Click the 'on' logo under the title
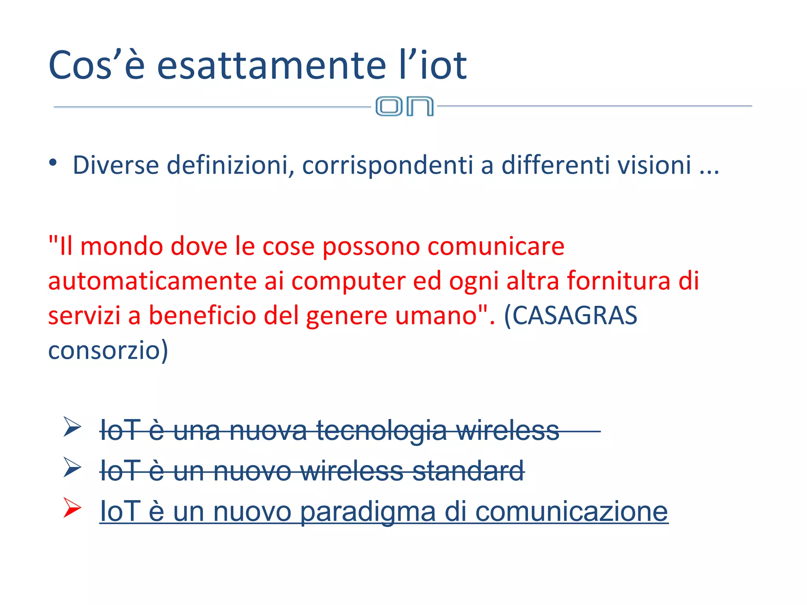[x=404, y=106]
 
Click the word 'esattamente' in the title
[x=271, y=65]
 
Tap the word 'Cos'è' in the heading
[x=97, y=65]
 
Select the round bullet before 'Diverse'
[x=53, y=163]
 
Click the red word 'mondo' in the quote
[x=121, y=247]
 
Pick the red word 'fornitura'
[x=619, y=281]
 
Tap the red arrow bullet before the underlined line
[x=72, y=508]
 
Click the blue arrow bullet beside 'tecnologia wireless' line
[x=72, y=427]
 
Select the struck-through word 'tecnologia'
[x=381, y=430]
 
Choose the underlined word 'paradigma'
[x=368, y=512]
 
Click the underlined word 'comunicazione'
[x=571, y=512]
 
